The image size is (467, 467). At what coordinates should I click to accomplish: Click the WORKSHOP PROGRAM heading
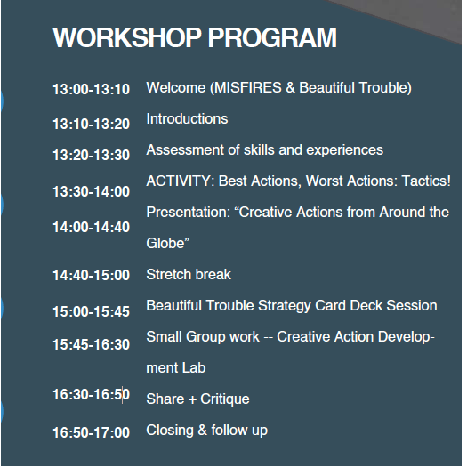195,38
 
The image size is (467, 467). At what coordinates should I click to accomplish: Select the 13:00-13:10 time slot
91,89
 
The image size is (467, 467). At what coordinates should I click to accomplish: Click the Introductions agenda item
187,119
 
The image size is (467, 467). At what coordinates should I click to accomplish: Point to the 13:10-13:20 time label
91,125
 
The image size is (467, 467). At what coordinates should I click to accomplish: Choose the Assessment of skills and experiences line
264,150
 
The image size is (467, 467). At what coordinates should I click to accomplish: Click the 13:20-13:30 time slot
91,156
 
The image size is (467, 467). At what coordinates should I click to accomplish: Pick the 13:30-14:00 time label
91,191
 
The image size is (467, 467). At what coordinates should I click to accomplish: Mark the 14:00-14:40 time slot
91,227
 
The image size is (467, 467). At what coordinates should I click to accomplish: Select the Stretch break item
189,275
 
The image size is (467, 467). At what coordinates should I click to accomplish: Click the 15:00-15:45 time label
91,311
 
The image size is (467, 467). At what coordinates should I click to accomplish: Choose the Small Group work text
203,337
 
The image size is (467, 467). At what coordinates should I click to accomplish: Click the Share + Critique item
197,399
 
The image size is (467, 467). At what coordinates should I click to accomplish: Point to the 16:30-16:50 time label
91,395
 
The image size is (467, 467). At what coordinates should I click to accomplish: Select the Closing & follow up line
206,431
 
